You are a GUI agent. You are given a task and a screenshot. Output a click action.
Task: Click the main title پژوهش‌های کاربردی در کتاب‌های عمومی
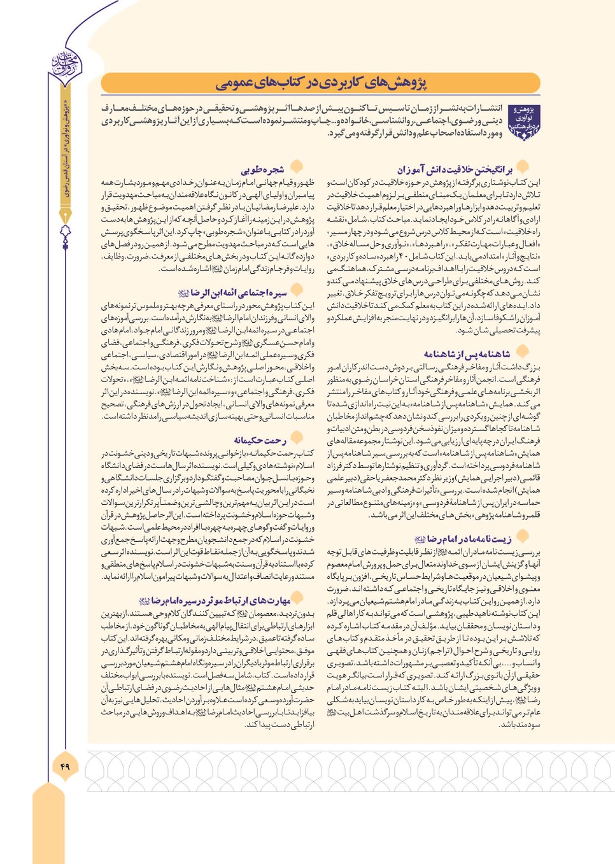[x=320, y=83]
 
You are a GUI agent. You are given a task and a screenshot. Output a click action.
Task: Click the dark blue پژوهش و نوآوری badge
[x=524, y=123]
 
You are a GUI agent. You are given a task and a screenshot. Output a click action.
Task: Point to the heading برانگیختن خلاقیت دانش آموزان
[x=455, y=169]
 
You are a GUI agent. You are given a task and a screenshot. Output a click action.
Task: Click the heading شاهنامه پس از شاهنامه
[x=467, y=353]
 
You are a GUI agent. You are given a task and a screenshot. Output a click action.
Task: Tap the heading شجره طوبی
[x=262, y=169]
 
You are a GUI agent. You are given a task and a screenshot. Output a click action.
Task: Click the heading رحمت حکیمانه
[x=260, y=440]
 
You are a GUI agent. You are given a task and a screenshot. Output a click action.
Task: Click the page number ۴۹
[x=64, y=766]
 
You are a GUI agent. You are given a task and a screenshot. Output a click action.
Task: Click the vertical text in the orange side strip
[x=65, y=153]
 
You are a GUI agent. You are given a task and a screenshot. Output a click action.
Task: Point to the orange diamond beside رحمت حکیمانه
[x=296, y=438]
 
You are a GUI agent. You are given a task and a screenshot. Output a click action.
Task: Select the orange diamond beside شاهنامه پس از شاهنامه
[x=523, y=351]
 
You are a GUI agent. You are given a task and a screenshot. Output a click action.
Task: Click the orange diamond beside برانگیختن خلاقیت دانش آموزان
[x=523, y=167]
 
